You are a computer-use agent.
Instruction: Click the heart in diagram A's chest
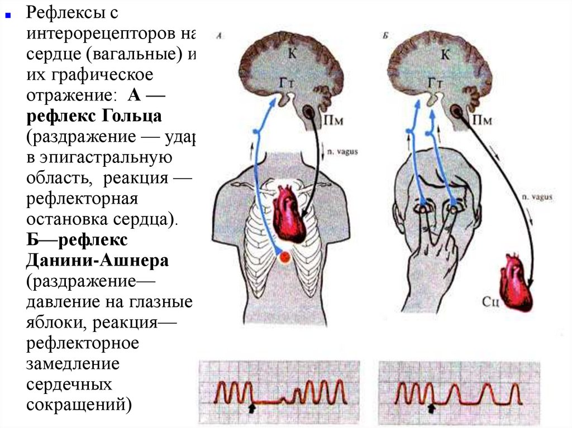click(x=292, y=211)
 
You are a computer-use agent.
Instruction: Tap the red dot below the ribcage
click(x=285, y=257)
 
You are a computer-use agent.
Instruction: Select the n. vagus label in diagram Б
click(x=538, y=196)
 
